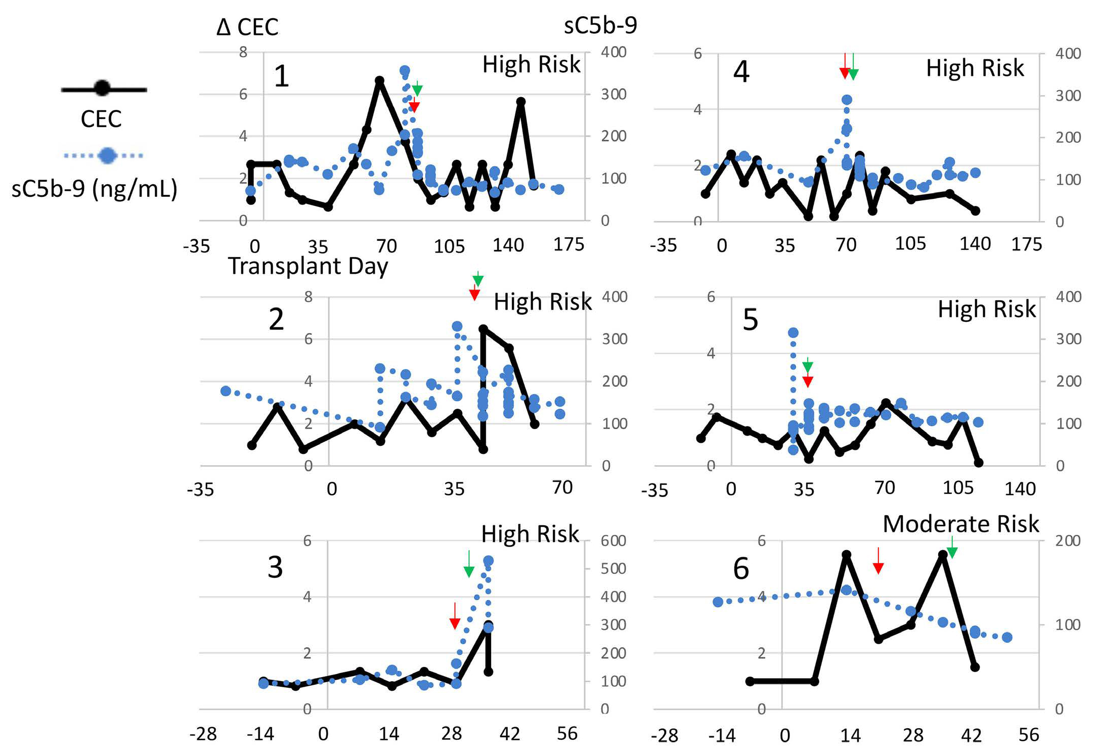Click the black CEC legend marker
pyautogui.click(x=103, y=89)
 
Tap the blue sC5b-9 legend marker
pyautogui.click(x=107, y=155)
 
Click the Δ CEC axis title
pyautogui.click(x=247, y=27)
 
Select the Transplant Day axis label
pyautogui.click(x=308, y=266)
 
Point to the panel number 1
pyautogui.click(x=281, y=76)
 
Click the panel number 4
pyautogui.click(x=741, y=71)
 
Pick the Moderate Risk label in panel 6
pyautogui.click(x=960, y=524)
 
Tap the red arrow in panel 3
pyautogui.click(x=455, y=616)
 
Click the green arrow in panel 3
pyautogui.click(x=469, y=564)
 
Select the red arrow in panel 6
pyautogui.click(x=879, y=561)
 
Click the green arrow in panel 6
pyautogui.click(x=952, y=548)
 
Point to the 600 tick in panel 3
pyautogui.click(x=613, y=541)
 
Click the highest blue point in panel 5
pyautogui.click(x=793, y=332)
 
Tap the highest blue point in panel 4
pyautogui.click(x=847, y=100)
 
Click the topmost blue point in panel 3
pyautogui.click(x=489, y=561)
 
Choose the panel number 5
pyautogui.click(x=750, y=320)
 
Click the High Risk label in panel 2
pyautogui.click(x=542, y=302)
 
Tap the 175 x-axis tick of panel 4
pyautogui.click(x=1026, y=244)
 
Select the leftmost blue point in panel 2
pyautogui.click(x=226, y=391)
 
